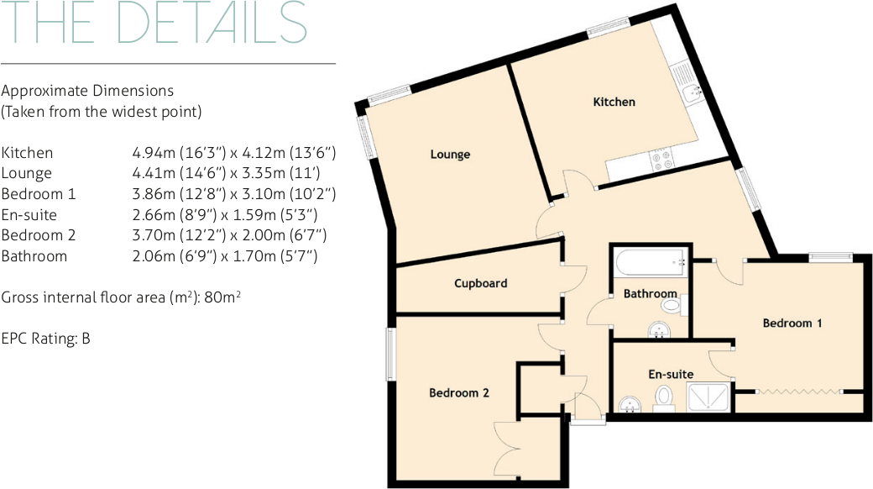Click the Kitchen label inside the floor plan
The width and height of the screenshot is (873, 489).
point(614,102)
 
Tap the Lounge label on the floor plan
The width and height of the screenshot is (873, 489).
point(450,155)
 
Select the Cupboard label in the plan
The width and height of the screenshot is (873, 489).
point(480,283)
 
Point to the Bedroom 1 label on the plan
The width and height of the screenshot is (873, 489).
point(792,323)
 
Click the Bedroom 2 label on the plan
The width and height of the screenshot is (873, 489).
point(458,392)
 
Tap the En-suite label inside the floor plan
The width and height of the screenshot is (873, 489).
point(670,374)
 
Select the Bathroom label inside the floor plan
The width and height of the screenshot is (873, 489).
point(650,293)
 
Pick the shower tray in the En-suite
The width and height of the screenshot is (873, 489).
point(709,397)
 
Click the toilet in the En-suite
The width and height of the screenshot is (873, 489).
point(664,397)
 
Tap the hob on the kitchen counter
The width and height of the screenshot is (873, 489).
point(661,158)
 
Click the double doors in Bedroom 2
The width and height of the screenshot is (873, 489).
point(511,450)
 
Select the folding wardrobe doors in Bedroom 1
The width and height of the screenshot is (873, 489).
point(797,392)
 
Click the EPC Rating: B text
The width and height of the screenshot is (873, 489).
point(46,339)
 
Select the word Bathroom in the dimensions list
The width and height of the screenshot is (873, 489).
point(34,256)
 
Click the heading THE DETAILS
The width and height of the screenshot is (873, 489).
point(154,24)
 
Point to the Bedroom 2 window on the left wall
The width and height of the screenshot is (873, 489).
point(390,354)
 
